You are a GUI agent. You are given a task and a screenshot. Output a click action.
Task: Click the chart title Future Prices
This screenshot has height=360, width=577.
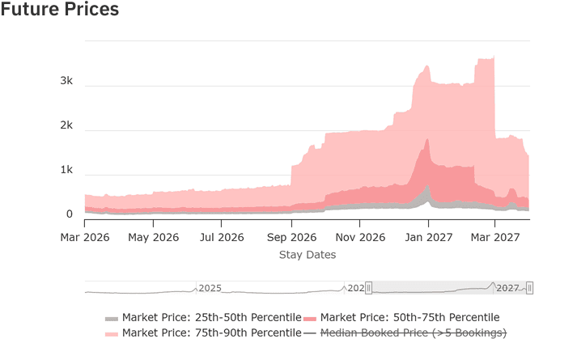tap(60, 11)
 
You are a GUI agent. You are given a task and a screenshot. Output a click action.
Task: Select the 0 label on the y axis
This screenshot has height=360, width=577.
tap(70, 214)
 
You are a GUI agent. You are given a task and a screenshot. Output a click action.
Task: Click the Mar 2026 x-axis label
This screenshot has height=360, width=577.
tap(85, 238)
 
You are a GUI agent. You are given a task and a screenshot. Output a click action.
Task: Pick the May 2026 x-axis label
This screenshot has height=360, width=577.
tap(154, 238)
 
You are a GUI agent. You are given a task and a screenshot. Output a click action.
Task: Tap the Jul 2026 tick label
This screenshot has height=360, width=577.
tap(222, 238)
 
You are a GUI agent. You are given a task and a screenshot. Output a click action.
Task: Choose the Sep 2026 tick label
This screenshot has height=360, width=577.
tap(291, 238)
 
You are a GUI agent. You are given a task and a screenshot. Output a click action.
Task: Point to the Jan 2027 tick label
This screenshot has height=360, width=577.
tap(428, 238)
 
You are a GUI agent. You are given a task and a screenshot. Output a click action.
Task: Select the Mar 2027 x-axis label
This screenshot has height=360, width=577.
tap(494, 238)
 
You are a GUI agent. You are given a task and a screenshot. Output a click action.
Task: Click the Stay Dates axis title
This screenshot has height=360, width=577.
tap(308, 255)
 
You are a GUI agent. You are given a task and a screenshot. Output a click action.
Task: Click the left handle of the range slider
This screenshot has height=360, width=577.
tap(368, 288)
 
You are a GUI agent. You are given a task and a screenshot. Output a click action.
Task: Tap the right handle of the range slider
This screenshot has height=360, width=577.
tap(529, 288)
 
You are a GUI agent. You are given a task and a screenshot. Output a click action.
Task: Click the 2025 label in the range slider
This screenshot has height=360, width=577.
tap(210, 288)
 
